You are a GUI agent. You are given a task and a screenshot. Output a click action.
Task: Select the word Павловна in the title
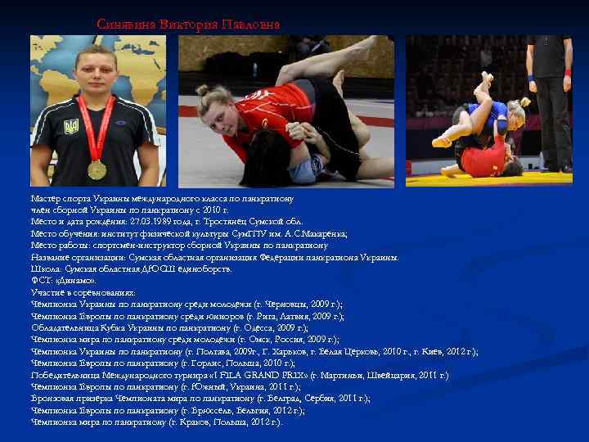[x=250, y=25]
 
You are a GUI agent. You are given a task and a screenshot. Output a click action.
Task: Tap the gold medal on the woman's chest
[x=97, y=169]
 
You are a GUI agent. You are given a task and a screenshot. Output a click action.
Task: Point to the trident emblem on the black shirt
[x=71, y=128]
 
